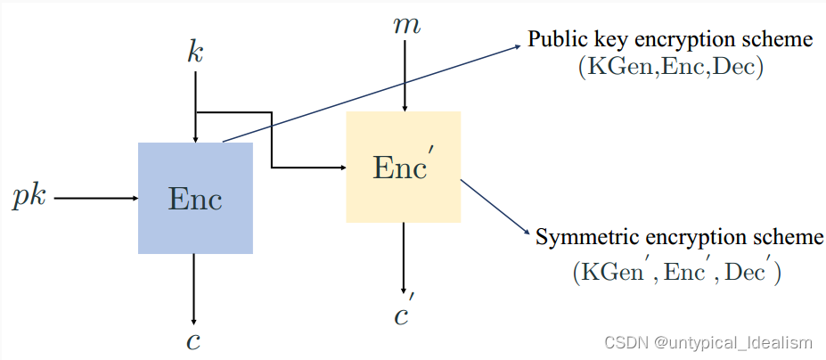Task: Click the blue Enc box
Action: pos(194,198)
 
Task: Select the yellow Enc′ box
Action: pos(403,167)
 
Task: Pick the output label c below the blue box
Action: pos(194,341)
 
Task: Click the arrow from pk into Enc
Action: pos(94,198)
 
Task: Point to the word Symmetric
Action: pos(581,238)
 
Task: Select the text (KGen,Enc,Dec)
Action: pos(670,69)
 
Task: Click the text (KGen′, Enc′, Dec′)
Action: pos(676,272)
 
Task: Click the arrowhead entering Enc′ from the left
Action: pos(341,167)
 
